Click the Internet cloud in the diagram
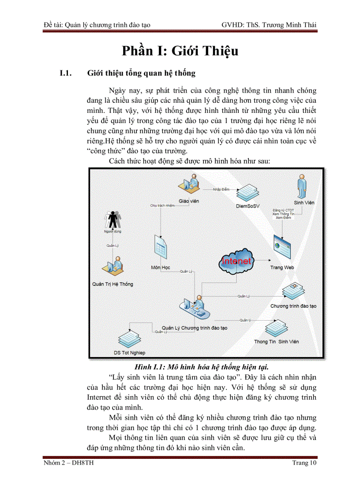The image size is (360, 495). (236, 261)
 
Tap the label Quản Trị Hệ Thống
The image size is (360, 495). (112, 284)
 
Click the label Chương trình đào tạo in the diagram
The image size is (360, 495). (293, 305)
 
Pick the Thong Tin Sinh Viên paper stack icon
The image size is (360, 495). (277, 329)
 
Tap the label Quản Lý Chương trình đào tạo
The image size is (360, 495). (194, 328)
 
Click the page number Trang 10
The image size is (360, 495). (304, 463)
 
